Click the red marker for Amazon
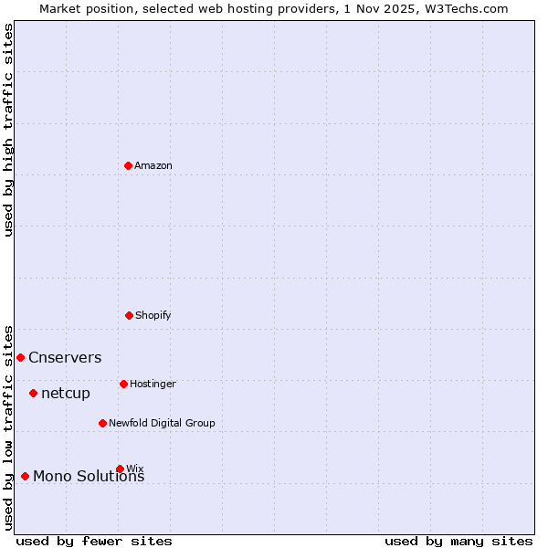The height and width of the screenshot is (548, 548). (x=129, y=165)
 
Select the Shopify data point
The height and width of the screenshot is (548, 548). (x=129, y=315)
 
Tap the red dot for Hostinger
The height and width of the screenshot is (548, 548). (x=123, y=384)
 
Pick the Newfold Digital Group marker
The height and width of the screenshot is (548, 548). (x=102, y=423)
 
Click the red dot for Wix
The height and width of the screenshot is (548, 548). (x=120, y=469)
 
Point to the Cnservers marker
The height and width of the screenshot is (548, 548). (x=20, y=357)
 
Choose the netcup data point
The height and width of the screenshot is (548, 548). (x=33, y=393)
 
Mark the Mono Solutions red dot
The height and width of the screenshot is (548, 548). (x=25, y=476)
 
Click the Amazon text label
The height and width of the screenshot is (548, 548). (x=153, y=166)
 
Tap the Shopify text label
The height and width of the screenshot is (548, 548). (x=153, y=316)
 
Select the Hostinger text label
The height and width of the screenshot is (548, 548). (x=153, y=385)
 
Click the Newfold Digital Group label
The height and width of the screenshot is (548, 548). (x=162, y=424)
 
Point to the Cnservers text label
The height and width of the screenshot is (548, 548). (x=65, y=358)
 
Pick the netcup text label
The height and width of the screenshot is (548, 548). (x=66, y=394)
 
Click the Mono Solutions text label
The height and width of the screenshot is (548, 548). (x=89, y=477)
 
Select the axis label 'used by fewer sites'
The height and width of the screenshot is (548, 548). (x=94, y=541)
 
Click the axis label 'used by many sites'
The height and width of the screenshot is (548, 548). (x=458, y=541)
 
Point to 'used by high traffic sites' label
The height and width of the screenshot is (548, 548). (x=8, y=130)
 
